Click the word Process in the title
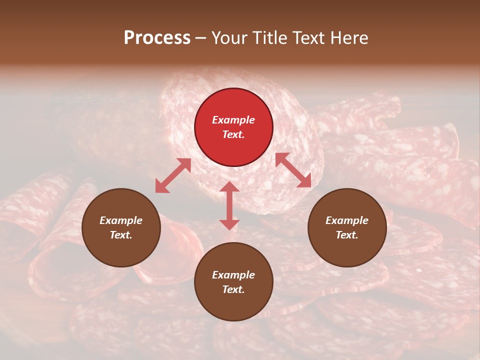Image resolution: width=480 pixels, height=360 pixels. coord(157,38)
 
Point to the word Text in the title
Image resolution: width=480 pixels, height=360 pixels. coord(310,38)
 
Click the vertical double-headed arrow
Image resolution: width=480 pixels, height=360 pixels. coord(229,205)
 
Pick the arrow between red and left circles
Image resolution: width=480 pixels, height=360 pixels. coord(173,175)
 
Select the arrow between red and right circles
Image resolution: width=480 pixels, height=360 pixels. coord(293,170)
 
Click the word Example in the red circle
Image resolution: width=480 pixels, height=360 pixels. coord(233,120)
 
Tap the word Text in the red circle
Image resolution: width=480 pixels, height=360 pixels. coord(233,134)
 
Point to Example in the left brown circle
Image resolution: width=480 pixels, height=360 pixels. coord(121,220)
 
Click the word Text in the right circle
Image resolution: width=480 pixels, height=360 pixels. coord(347,235)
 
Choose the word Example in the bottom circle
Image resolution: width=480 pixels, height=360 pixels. coord(233,275)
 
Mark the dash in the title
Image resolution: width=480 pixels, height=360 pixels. coord(201,38)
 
